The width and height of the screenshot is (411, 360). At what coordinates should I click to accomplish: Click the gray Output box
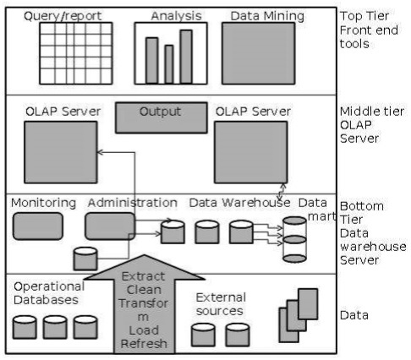(x=160, y=117)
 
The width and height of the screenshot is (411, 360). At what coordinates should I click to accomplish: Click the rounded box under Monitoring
(x=37, y=226)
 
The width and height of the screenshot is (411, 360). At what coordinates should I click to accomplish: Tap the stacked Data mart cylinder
(x=294, y=241)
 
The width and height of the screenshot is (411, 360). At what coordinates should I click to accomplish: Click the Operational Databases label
(x=48, y=292)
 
